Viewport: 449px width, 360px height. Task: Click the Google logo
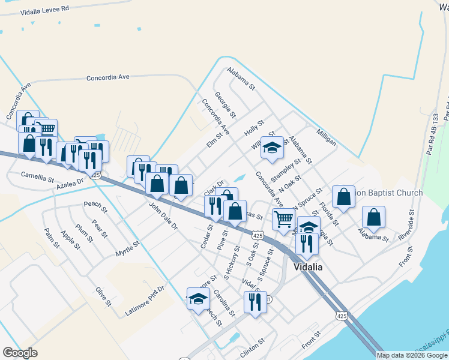click(20, 353)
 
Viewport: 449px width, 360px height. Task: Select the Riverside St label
click(406, 225)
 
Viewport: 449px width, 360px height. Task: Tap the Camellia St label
click(38, 178)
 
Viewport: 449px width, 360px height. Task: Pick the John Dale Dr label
click(163, 216)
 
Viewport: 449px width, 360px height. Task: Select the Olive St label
click(103, 296)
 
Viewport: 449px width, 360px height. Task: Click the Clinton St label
click(253, 345)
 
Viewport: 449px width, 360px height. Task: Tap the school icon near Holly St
click(272, 148)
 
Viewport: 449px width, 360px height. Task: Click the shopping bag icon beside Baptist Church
click(343, 197)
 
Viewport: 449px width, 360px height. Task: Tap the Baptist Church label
click(390, 193)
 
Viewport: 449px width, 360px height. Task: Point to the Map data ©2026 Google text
click(411, 355)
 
